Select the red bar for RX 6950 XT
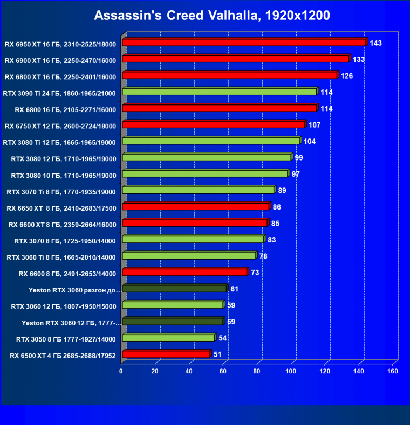(244, 43)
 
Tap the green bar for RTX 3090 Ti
(219, 92)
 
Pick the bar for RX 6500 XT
(166, 354)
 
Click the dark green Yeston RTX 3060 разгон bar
(174, 289)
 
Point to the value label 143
(376, 43)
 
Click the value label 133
(359, 59)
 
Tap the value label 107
(315, 125)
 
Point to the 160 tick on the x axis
(393, 371)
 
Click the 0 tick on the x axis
(121, 371)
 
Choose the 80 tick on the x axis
(257, 371)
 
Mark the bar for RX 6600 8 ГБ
(184, 273)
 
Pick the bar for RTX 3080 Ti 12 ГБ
(210, 141)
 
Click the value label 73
(255, 273)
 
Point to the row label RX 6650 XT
(61, 207)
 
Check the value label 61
(235, 289)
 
